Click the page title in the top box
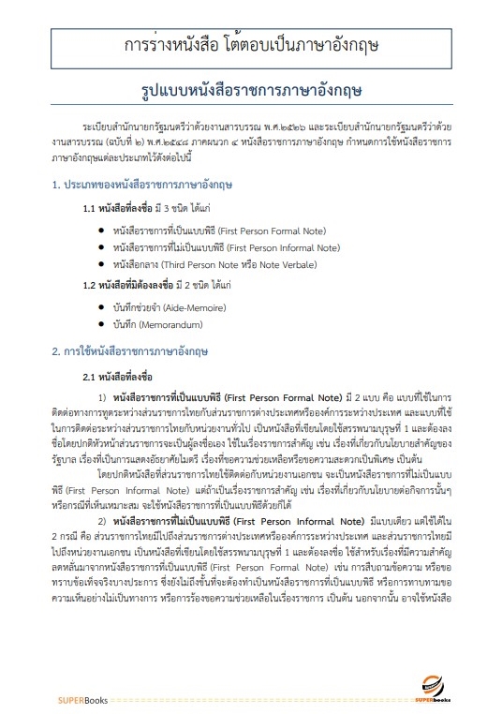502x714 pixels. [250, 45]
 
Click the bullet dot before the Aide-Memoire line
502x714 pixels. [101, 306]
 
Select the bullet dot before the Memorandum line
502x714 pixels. [101, 324]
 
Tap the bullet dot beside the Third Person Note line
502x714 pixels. [101, 265]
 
